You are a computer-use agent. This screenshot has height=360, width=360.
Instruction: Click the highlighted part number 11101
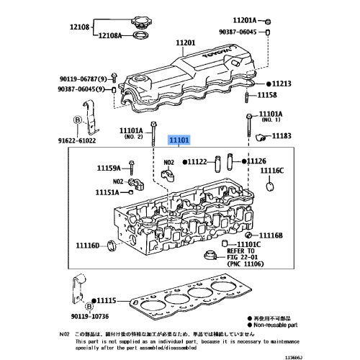pos(179,142)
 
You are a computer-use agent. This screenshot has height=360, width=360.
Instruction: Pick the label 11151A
pos(108,193)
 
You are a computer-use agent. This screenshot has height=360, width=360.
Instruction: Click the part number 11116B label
pos(271,235)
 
